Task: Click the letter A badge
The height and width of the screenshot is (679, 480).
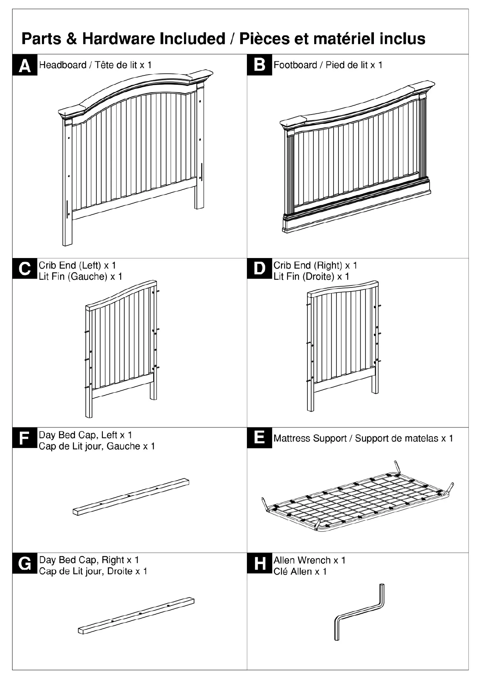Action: pyautogui.click(x=25, y=65)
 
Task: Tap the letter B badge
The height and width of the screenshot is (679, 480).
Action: pyautogui.click(x=259, y=65)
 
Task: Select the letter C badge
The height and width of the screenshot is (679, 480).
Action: pyautogui.click(x=25, y=269)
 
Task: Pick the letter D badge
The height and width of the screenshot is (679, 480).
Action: pyautogui.click(x=259, y=269)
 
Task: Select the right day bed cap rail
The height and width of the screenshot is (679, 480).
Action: pyautogui.click(x=136, y=614)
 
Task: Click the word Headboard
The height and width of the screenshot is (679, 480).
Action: pyautogui.click(x=63, y=65)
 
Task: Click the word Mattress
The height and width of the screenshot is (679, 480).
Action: pyautogui.click(x=292, y=439)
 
